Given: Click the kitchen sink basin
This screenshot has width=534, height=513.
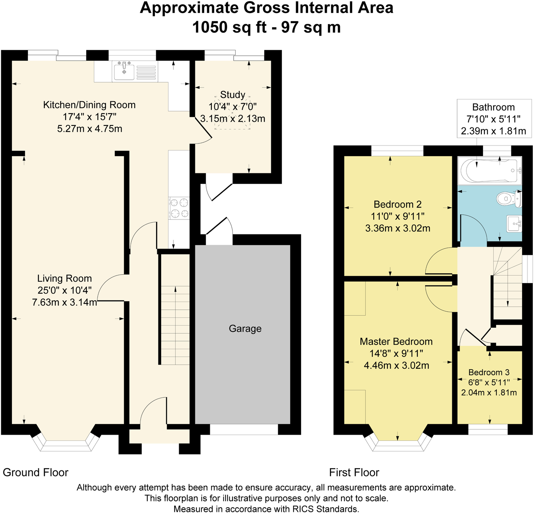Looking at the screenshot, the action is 124,71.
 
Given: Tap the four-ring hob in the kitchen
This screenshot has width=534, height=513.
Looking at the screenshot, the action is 179,208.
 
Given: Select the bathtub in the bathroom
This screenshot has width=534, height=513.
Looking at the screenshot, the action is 490,170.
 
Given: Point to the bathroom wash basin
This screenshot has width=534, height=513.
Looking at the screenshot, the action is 514,224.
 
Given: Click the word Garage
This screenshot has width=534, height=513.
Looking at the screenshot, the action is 245,328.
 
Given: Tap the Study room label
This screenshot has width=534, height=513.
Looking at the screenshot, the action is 233,95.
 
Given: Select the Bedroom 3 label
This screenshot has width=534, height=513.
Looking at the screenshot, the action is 489,372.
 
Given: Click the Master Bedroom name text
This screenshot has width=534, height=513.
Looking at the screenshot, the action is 396,341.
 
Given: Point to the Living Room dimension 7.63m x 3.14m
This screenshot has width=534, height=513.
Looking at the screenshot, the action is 64,302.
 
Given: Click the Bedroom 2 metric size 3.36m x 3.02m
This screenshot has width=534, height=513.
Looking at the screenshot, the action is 397,228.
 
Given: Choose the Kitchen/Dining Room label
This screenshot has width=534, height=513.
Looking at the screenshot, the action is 89,105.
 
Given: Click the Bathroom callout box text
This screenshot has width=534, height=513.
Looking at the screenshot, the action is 493,119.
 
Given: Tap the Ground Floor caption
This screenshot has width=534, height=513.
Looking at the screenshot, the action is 35,473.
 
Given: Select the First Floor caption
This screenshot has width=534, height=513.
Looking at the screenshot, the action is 354,473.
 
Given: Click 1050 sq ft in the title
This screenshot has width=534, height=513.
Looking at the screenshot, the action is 229,28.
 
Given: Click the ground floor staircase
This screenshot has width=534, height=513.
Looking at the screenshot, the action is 175,309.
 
